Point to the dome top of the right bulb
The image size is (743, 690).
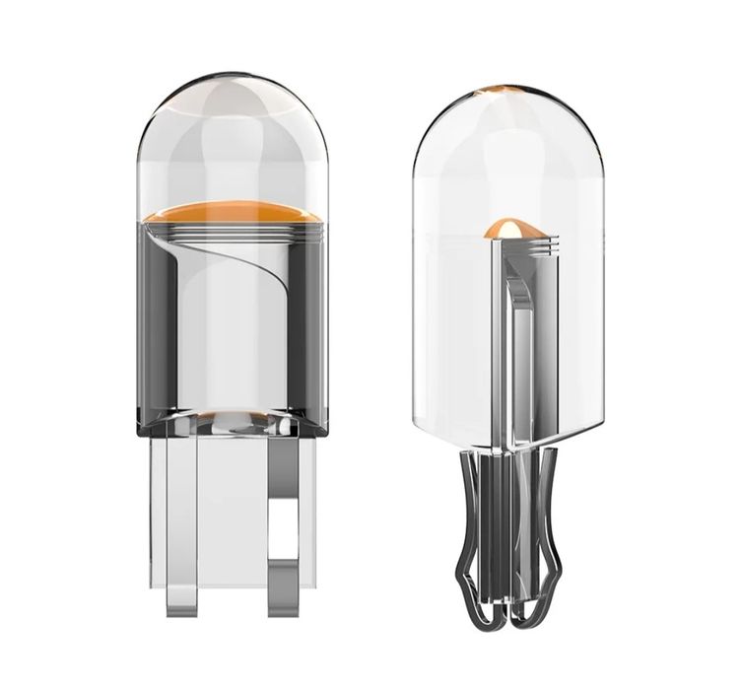point(505,128)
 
